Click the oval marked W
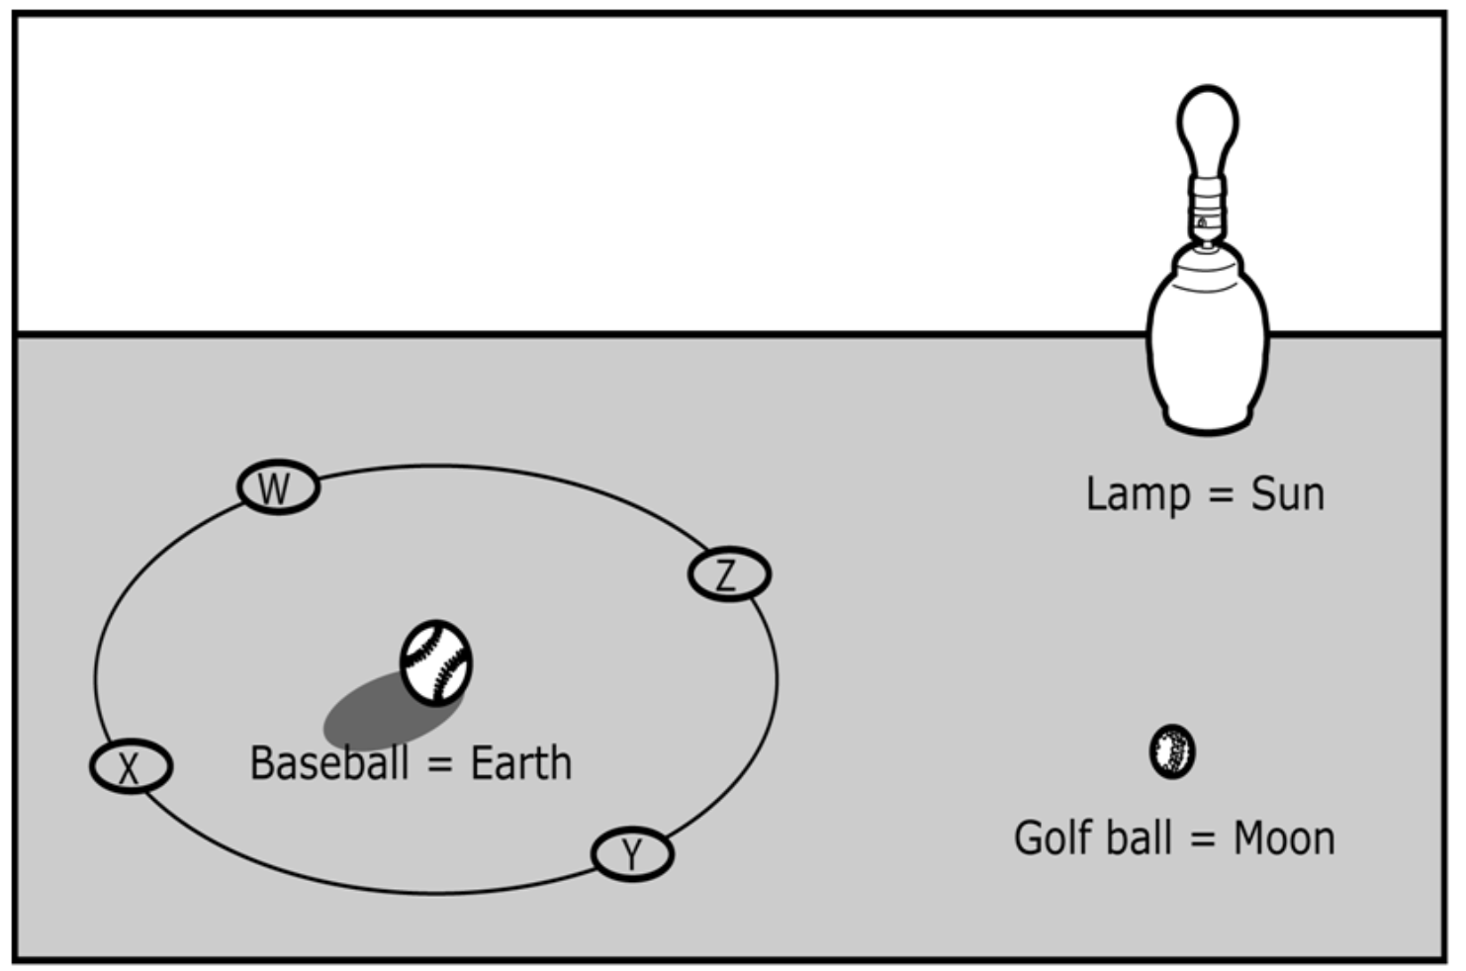point(278,486)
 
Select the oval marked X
point(131,766)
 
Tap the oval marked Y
point(632,853)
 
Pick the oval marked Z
point(729,574)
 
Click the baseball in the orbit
point(436,662)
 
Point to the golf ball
point(1172,751)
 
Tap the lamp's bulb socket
point(1207,208)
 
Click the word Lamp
point(1138,494)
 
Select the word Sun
point(1287,494)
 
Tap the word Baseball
point(329,763)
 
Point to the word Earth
point(520,763)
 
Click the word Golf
point(1055,839)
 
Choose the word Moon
point(1283,839)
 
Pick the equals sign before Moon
point(1202,839)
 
